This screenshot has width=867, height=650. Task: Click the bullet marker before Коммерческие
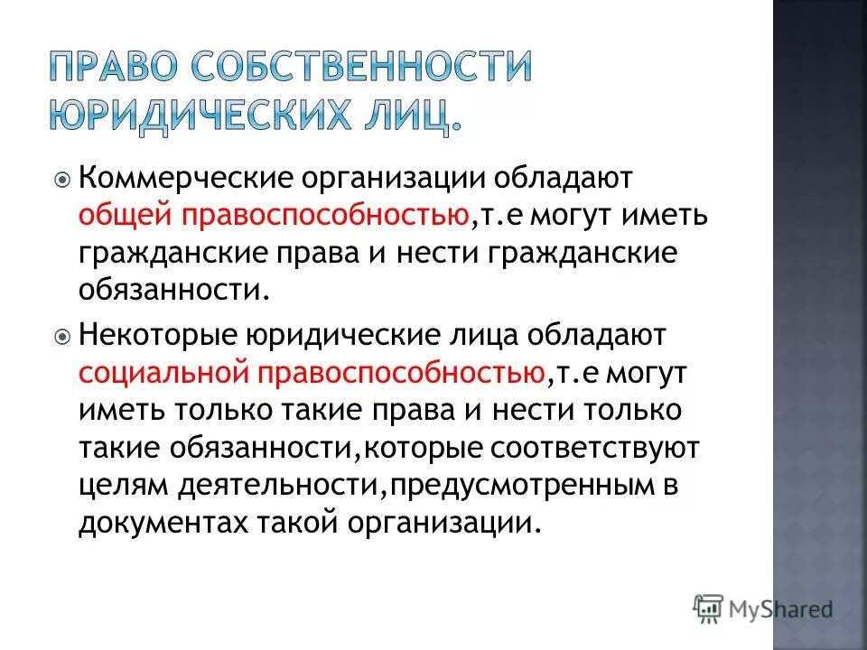[61, 180]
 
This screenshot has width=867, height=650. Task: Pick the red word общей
[127, 217]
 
